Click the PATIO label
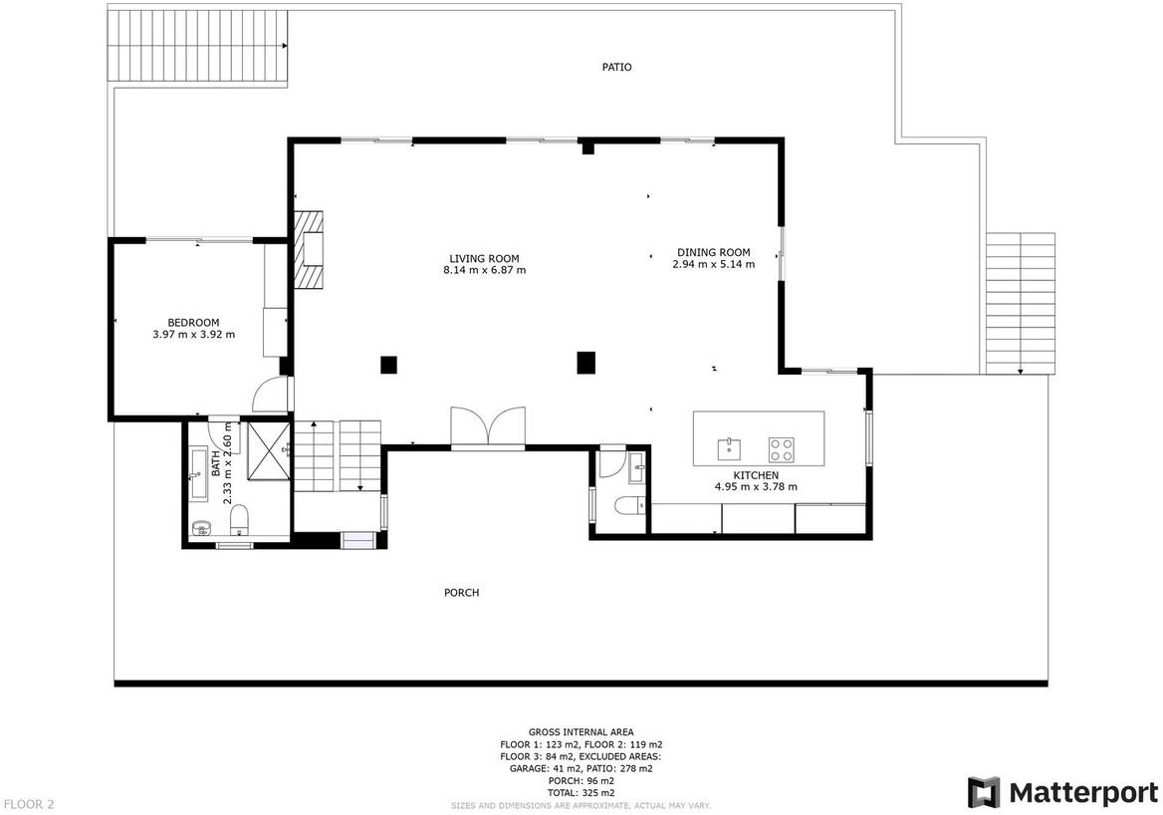tap(616, 67)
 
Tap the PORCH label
tap(461, 593)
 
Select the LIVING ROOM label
tap(484, 258)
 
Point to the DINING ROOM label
tap(714, 252)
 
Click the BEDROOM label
tap(193, 323)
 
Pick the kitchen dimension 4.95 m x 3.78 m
tap(756, 487)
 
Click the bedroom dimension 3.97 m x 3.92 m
tap(193, 335)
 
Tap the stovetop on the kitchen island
tap(781, 449)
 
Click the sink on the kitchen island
tap(729, 449)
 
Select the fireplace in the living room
tap(309, 249)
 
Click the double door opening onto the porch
tap(488, 427)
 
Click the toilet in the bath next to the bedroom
tap(239, 519)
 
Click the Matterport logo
tap(1062, 792)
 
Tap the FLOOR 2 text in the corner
tap(29, 804)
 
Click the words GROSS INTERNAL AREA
tap(581, 732)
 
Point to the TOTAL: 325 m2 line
tap(581, 793)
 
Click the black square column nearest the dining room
tap(586, 363)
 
